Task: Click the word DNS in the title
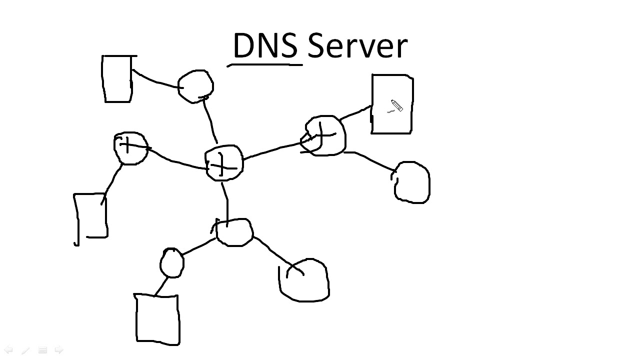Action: (x=265, y=46)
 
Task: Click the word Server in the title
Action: (x=357, y=46)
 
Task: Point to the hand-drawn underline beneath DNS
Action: (x=265, y=64)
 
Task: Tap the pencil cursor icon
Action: (x=396, y=106)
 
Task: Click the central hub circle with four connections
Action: (x=224, y=163)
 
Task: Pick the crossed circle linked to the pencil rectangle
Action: (x=325, y=135)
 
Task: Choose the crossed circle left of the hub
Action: (x=130, y=148)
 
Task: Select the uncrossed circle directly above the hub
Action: (x=195, y=86)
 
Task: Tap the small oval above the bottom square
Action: (x=171, y=263)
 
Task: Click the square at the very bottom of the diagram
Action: (x=157, y=318)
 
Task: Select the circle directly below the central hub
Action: (x=233, y=232)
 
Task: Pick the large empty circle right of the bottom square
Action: (x=304, y=280)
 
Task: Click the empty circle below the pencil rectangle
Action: (x=412, y=182)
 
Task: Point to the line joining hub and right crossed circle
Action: (x=274, y=148)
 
